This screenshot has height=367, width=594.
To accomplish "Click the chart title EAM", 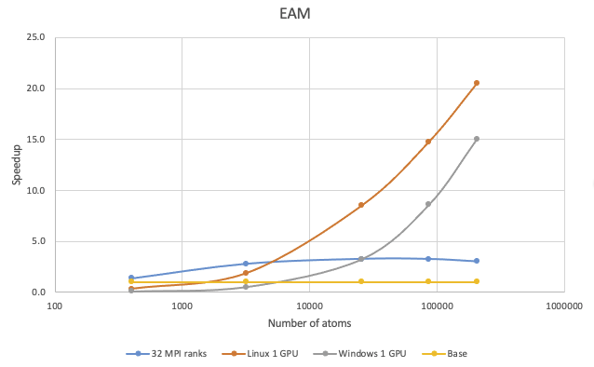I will (x=296, y=15).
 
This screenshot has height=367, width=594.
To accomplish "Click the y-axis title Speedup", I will (x=17, y=165).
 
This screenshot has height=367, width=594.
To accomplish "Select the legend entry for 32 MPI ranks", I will (x=171, y=354).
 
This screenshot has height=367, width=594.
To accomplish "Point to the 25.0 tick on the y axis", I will (x=37, y=38).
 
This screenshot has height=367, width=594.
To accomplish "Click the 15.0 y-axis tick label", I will (x=37, y=140).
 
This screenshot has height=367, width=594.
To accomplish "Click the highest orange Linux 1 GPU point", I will (x=477, y=83).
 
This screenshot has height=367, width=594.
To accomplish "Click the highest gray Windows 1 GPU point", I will (x=477, y=139).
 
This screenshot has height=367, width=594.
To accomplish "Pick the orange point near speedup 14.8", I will (x=428, y=142).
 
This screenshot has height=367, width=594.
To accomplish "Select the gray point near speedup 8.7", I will (x=428, y=204).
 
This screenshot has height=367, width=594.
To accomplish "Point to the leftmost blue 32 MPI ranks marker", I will (x=131, y=278).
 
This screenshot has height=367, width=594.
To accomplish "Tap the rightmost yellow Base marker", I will (x=477, y=281).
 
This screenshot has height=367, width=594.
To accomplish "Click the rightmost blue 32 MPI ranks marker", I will (x=477, y=261).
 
